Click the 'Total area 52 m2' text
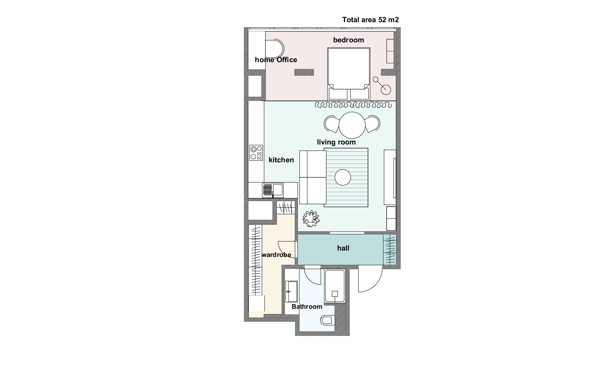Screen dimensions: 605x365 370,20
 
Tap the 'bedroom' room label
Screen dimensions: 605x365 349,40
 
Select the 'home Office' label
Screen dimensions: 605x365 276,60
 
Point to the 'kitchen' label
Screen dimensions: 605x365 281,160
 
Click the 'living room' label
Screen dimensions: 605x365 336,142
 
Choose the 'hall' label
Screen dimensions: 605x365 343,248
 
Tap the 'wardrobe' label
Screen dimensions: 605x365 276,255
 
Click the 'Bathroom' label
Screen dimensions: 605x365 307,307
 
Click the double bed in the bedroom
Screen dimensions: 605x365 349,74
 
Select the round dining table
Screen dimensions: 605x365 352,125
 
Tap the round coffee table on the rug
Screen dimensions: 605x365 343,177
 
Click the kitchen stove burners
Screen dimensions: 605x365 256,153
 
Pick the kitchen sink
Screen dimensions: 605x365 273,190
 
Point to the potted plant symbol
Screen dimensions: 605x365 311,219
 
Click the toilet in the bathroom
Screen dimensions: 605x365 328,320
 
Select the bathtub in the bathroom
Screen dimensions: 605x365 335,286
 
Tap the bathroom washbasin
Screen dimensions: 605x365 292,292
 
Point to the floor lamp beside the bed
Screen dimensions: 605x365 382,86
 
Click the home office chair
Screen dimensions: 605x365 275,49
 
